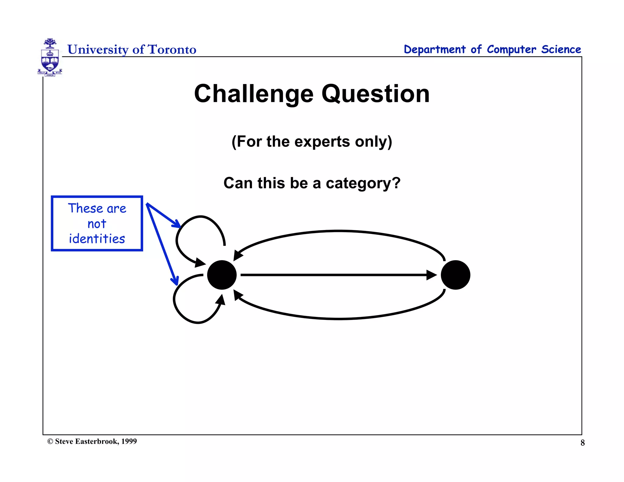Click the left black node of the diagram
(x=222, y=275)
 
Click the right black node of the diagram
(x=456, y=275)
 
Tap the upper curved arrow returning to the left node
(x=338, y=232)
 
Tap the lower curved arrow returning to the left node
(x=338, y=318)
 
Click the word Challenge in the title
(x=253, y=94)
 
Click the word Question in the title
(x=375, y=94)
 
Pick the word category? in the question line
(x=363, y=183)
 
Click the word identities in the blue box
(x=97, y=239)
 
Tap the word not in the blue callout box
(x=97, y=224)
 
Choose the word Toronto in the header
(x=172, y=49)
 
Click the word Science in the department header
(x=561, y=49)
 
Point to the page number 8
(x=583, y=443)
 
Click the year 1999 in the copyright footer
(x=129, y=441)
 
